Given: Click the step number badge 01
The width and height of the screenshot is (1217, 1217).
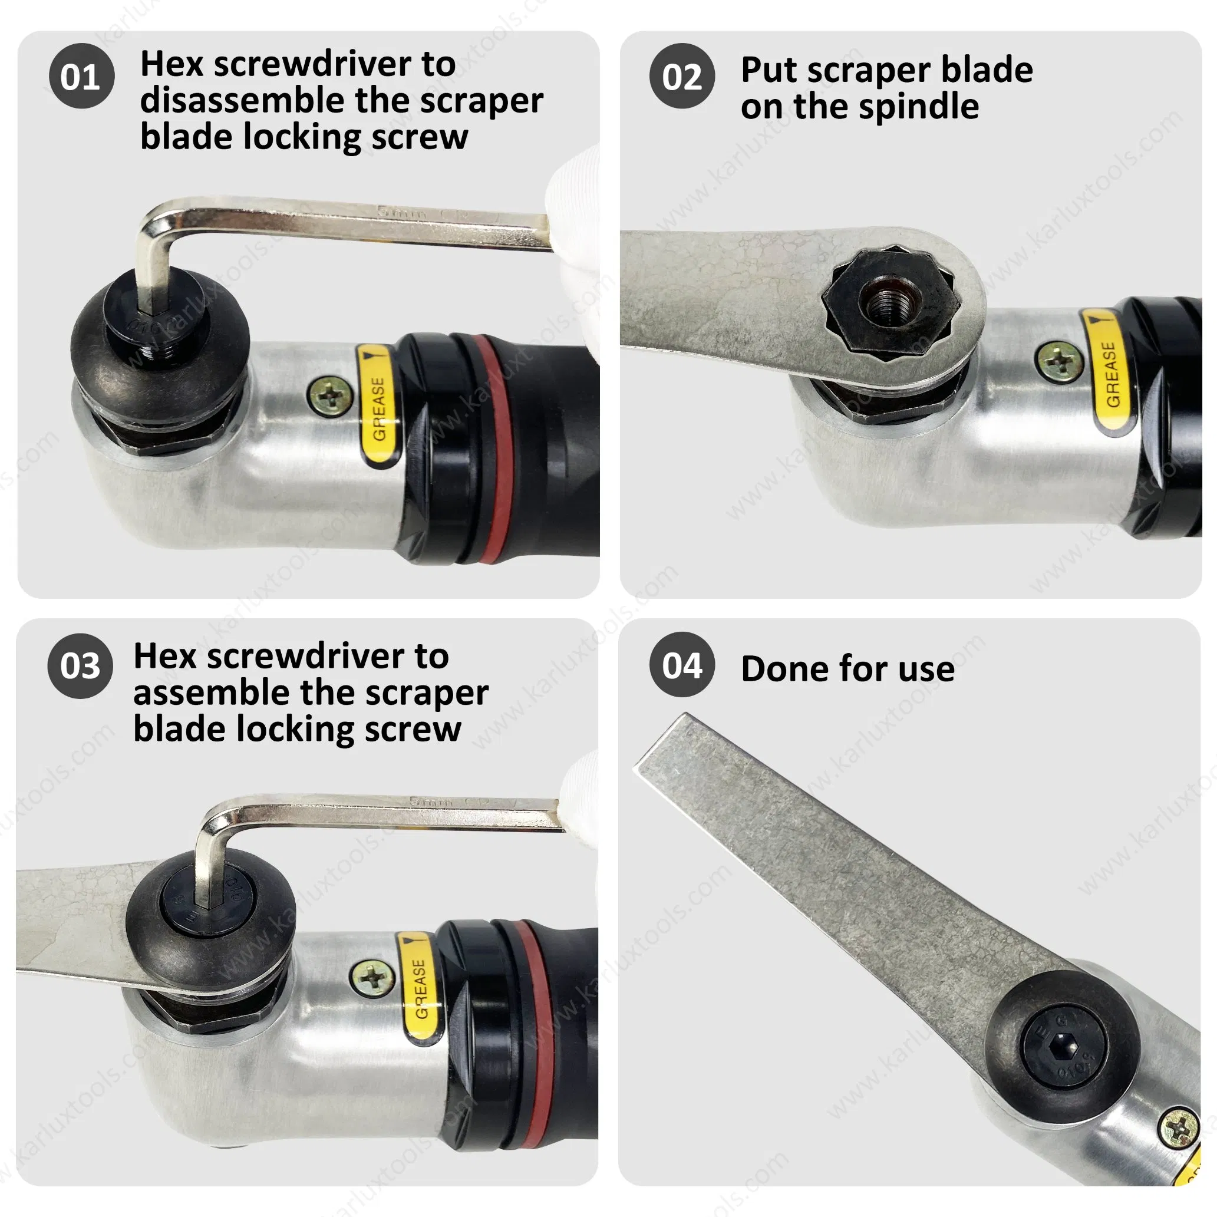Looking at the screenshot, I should point(81,76).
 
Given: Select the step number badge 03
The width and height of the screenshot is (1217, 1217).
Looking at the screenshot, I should point(80,666).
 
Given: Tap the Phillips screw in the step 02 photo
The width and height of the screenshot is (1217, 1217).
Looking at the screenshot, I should point(1059,360).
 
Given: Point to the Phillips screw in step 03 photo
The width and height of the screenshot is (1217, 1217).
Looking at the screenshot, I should point(372,979).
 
